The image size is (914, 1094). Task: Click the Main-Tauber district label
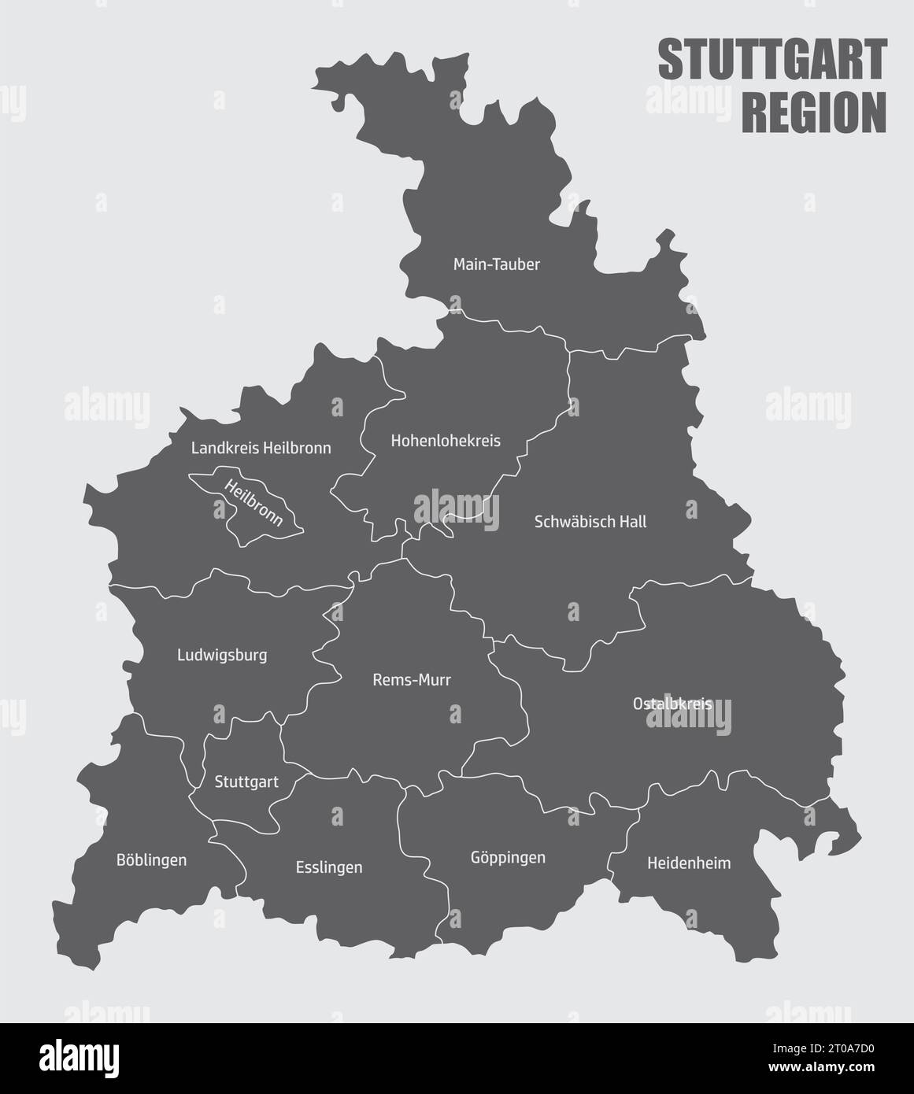pyautogui.click(x=496, y=264)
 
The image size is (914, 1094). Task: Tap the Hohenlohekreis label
pyautogui.click(x=446, y=441)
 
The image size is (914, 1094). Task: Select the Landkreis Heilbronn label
pyautogui.click(x=261, y=448)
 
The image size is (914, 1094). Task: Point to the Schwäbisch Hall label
pyautogui.click(x=590, y=521)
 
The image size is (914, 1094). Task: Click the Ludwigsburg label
pyautogui.click(x=222, y=655)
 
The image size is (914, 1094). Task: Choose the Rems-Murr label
pyautogui.click(x=412, y=680)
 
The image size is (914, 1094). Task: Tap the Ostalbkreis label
pyautogui.click(x=672, y=703)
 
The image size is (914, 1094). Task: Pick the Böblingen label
pyautogui.click(x=151, y=859)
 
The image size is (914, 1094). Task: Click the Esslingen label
pyautogui.click(x=329, y=867)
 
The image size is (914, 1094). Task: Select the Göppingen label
pyautogui.click(x=507, y=857)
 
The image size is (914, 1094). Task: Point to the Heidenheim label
pyautogui.click(x=688, y=863)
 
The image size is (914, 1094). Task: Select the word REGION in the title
pyautogui.click(x=814, y=113)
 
